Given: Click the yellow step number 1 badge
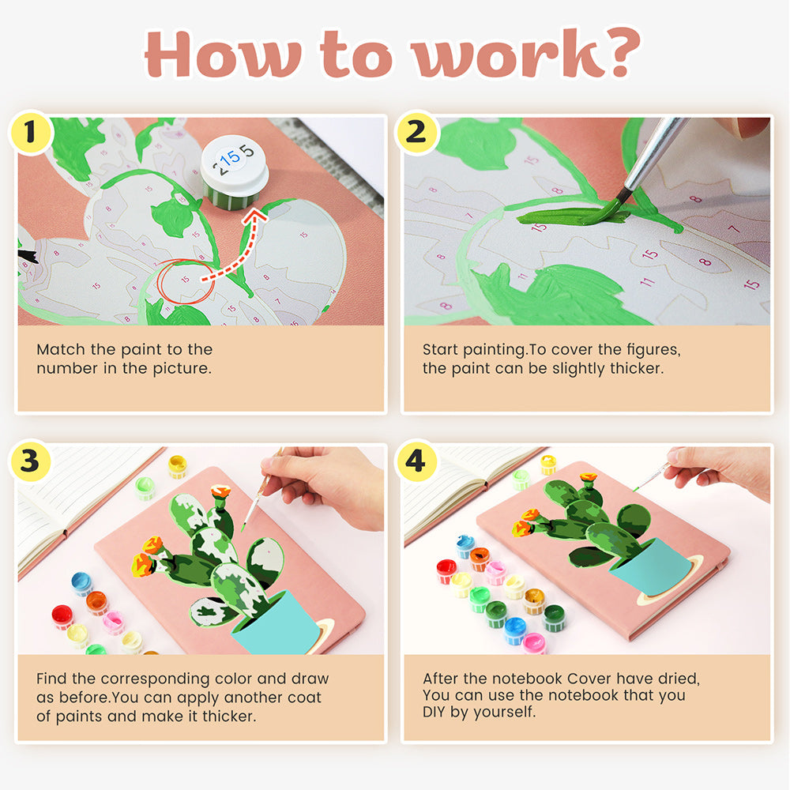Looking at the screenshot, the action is click(x=30, y=132).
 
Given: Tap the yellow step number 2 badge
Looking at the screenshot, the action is click(x=416, y=132).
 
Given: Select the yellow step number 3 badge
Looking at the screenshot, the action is click(x=30, y=461).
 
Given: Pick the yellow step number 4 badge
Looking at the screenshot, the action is click(x=416, y=461).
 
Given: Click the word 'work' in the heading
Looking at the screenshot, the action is click(x=509, y=55).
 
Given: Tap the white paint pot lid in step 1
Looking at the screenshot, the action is click(x=235, y=161).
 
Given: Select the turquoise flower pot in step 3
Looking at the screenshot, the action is click(x=276, y=624).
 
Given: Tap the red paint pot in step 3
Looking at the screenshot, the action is click(x=62, y=617).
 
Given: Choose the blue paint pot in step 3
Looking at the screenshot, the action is click(x=81, y=584).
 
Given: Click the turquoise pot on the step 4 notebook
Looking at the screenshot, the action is click(x=651, y=566).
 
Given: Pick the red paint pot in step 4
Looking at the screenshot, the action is click(x=446, y=571).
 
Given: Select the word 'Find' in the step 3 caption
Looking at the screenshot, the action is click(x=51, y=678).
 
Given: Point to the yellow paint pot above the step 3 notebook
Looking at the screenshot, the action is click(x=177, y=466).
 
